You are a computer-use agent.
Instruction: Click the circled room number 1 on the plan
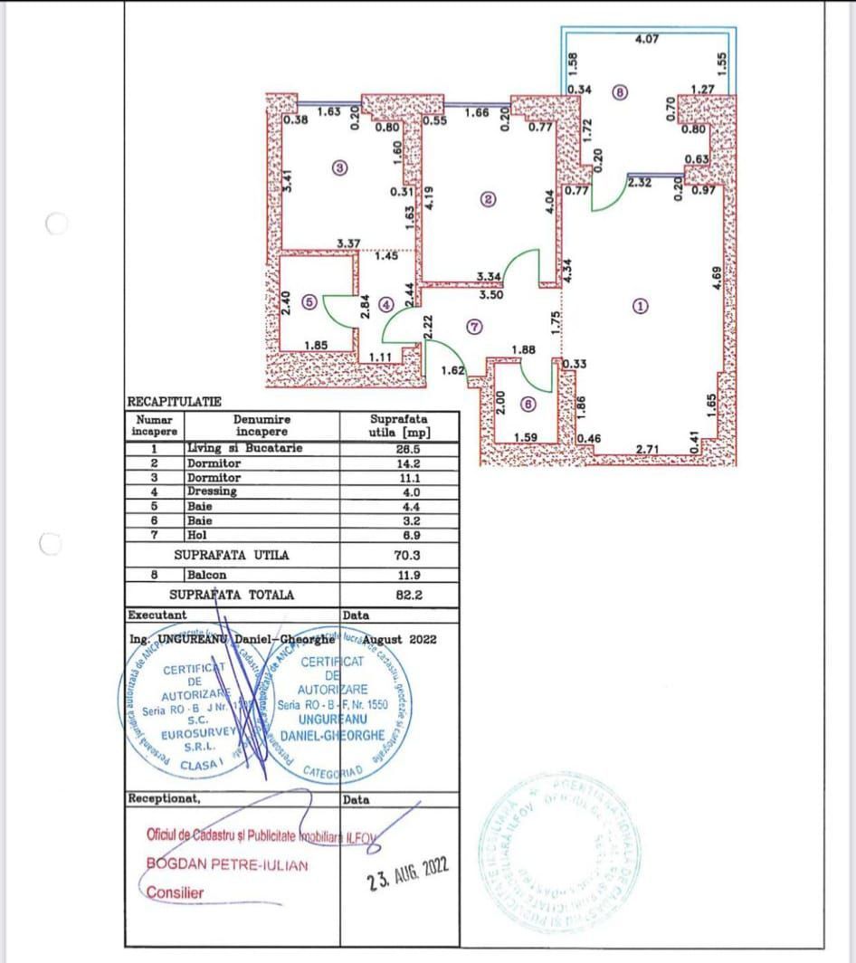(641, 306)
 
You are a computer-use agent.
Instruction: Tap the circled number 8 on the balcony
(619, 91)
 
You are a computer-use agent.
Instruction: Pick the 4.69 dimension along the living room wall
(716, 278)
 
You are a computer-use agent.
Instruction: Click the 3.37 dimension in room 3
(348, 243)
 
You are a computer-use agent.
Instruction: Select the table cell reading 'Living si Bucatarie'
(244, 448)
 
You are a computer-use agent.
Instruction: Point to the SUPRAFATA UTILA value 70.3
(400, 556)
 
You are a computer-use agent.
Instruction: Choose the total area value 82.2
(400, 595)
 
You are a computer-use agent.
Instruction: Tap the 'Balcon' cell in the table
(206, 575)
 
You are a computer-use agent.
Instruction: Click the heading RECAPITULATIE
(174, 401)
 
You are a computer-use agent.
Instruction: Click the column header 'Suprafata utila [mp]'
(400, 425)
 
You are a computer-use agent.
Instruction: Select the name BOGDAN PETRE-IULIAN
(227, 864)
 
